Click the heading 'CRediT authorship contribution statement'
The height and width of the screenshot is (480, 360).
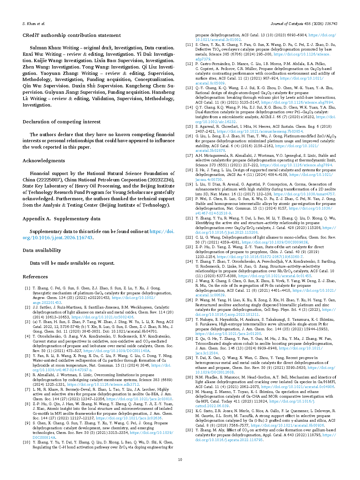72,35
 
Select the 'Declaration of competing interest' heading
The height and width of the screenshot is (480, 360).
61,122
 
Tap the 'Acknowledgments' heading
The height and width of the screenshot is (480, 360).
44,161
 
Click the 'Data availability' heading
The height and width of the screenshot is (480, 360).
42,250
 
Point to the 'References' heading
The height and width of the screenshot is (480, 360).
35,277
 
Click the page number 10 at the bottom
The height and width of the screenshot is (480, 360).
180,459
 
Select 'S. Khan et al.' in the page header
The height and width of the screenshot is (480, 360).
34,24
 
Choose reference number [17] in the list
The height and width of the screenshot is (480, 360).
189,156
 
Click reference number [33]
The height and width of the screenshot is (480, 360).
189,430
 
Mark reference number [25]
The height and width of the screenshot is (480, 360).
189,281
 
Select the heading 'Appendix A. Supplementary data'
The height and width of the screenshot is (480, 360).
61,219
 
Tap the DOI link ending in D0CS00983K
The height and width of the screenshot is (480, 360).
275,242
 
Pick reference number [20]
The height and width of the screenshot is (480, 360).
189,199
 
